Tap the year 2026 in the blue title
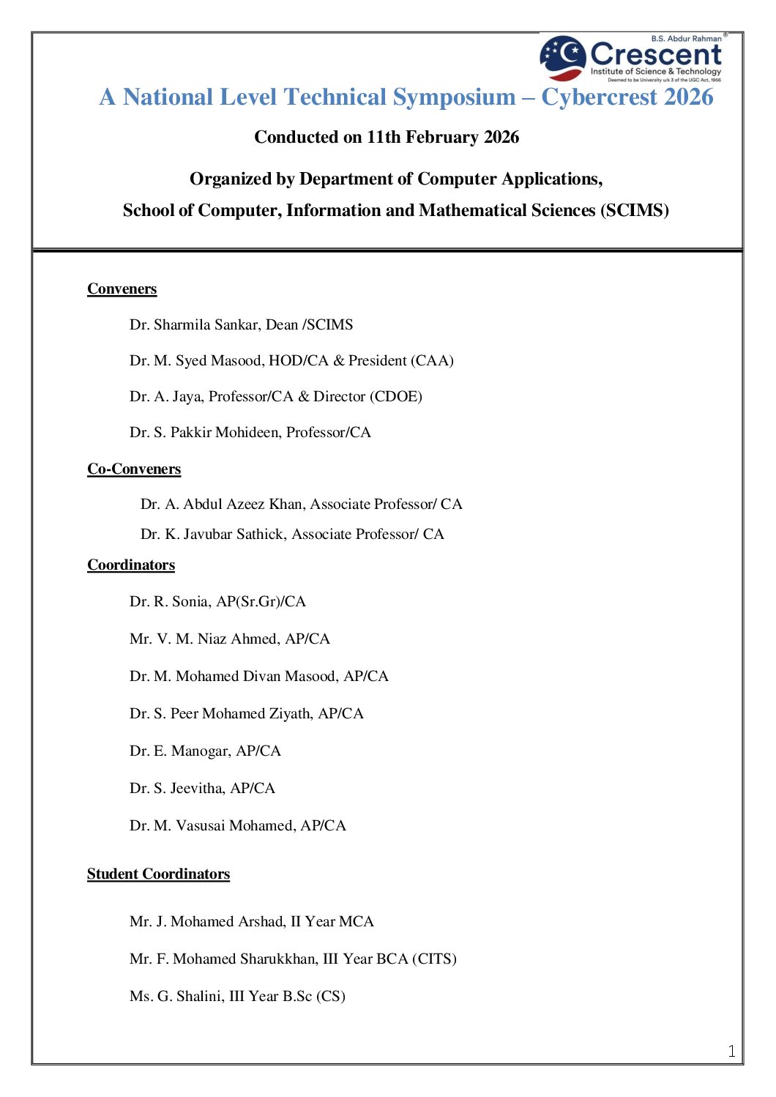(689, 97)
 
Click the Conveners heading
(122, 289)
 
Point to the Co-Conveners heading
(134, 469)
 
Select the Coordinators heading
(131, 565)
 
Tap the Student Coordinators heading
(158, 874)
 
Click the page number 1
(731, 1052)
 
